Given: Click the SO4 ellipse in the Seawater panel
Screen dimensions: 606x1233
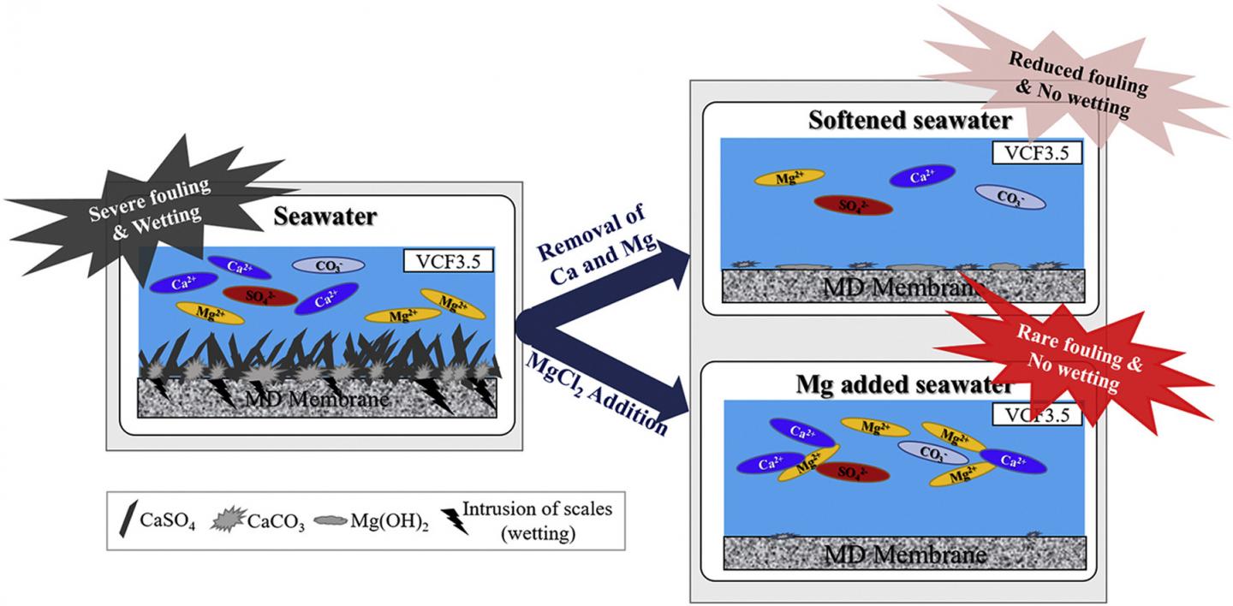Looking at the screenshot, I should pos(259,296).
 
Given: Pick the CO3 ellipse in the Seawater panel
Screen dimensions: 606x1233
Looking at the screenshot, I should pos(329,265).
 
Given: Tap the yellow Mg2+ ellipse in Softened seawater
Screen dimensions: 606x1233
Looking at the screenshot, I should pos(789,177).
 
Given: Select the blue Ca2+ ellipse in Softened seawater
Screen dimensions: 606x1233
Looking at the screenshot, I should pos(921,176).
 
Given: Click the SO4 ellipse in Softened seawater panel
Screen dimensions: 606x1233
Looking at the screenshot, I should pos(853,205).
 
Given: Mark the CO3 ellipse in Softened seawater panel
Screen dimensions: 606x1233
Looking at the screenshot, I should pos(1010,198).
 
